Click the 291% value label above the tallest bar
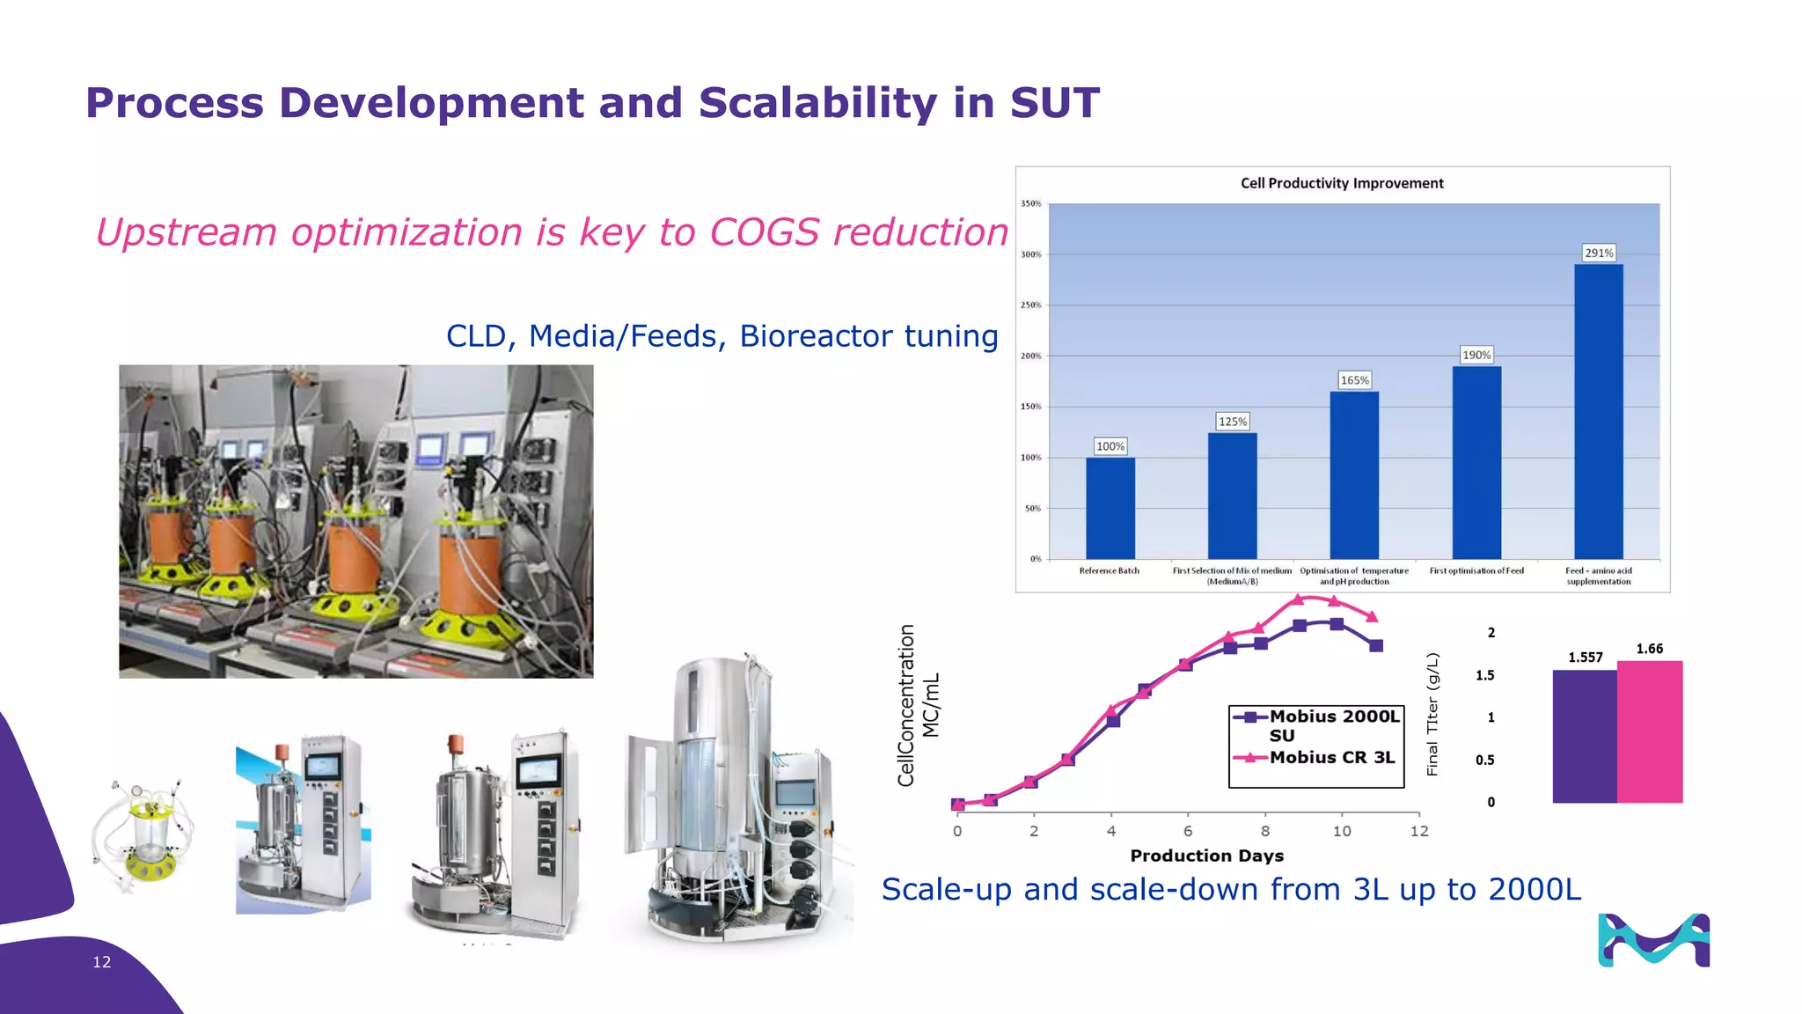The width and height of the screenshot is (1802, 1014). point(1599,253)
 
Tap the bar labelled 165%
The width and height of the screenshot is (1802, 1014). point(1354,475)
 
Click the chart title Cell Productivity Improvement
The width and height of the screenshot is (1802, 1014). point(1342,183)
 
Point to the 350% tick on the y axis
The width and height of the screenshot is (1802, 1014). point(1030,203)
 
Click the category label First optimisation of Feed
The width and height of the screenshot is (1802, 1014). point(1476,571)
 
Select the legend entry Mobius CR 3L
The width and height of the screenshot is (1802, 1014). point(1331,757)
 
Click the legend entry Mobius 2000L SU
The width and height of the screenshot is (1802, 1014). point(1333,724)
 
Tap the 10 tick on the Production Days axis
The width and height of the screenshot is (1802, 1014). point(1342,831)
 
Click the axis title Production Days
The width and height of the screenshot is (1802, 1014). point(1206,856)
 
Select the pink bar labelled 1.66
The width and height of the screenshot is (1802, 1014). point(1650,731)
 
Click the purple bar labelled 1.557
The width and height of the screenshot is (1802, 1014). point(1585,736)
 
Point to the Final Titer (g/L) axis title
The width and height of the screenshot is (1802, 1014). point(1432,714)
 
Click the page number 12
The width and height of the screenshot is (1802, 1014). point(102,962)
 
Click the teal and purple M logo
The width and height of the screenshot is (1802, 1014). point(1653,941)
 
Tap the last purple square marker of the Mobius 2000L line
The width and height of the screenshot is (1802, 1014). point(1377,646)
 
